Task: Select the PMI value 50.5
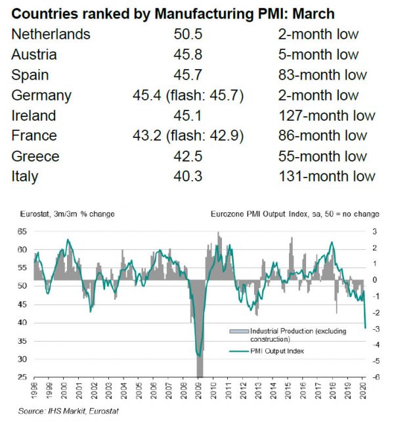[x=187, y=35]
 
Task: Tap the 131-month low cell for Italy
[x=326, y=177]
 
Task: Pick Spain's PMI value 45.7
[x=187, y=76]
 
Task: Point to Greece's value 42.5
[x=187, y=156]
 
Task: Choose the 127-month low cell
[x=326, y=116]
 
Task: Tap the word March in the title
[x=311, y=12]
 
